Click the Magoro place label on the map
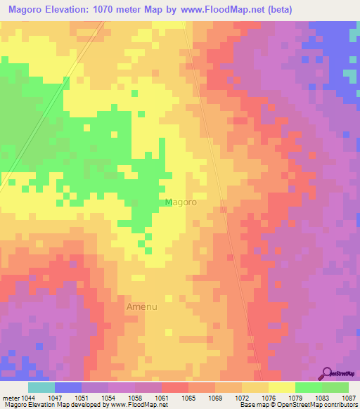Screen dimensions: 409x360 (181, 202)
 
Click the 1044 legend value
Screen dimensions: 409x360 (28, 398)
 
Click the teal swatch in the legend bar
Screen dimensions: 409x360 (41, 387)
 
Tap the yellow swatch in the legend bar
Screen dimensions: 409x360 (281, 387)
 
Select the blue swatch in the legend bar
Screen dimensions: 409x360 (68, 387)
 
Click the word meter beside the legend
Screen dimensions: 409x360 (11, 398)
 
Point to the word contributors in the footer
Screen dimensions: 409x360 (340, 405)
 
